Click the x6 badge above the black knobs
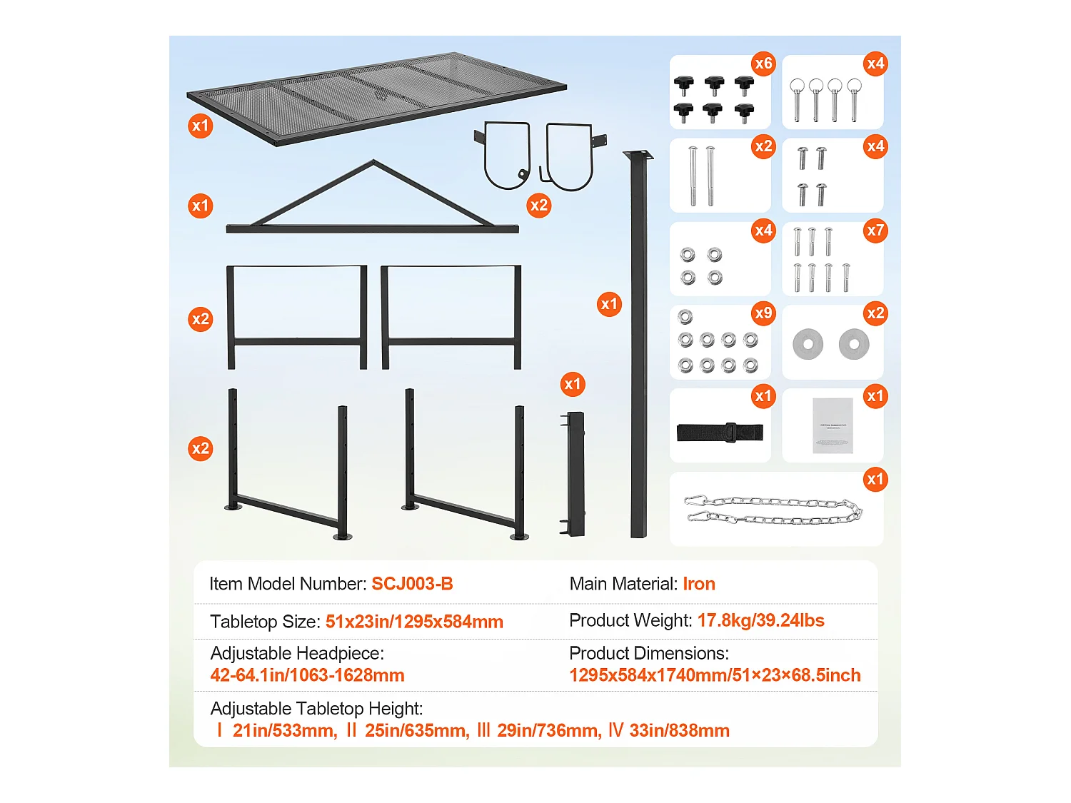(x=763, y=64)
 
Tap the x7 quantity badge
(x=875, y=230)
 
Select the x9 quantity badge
(x=763, y=313)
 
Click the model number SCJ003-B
(x=412, y=584)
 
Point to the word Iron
(x=699, y=584)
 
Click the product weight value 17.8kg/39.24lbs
(x=760, y=620)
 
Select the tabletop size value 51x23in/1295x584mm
(x=414, y=622)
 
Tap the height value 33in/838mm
(x=679, y=730)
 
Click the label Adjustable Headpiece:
(x=297, y=653)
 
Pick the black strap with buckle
(x=720, y=432)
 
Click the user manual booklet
(x=833, y=425)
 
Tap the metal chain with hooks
(x=773, y=510)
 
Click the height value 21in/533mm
(x=285, y=730)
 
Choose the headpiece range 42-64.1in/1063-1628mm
(x=308, y=675)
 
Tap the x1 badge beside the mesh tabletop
(x=201, y=126)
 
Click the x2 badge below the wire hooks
(x=538, y=206)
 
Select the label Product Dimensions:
(x=649, y=653)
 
